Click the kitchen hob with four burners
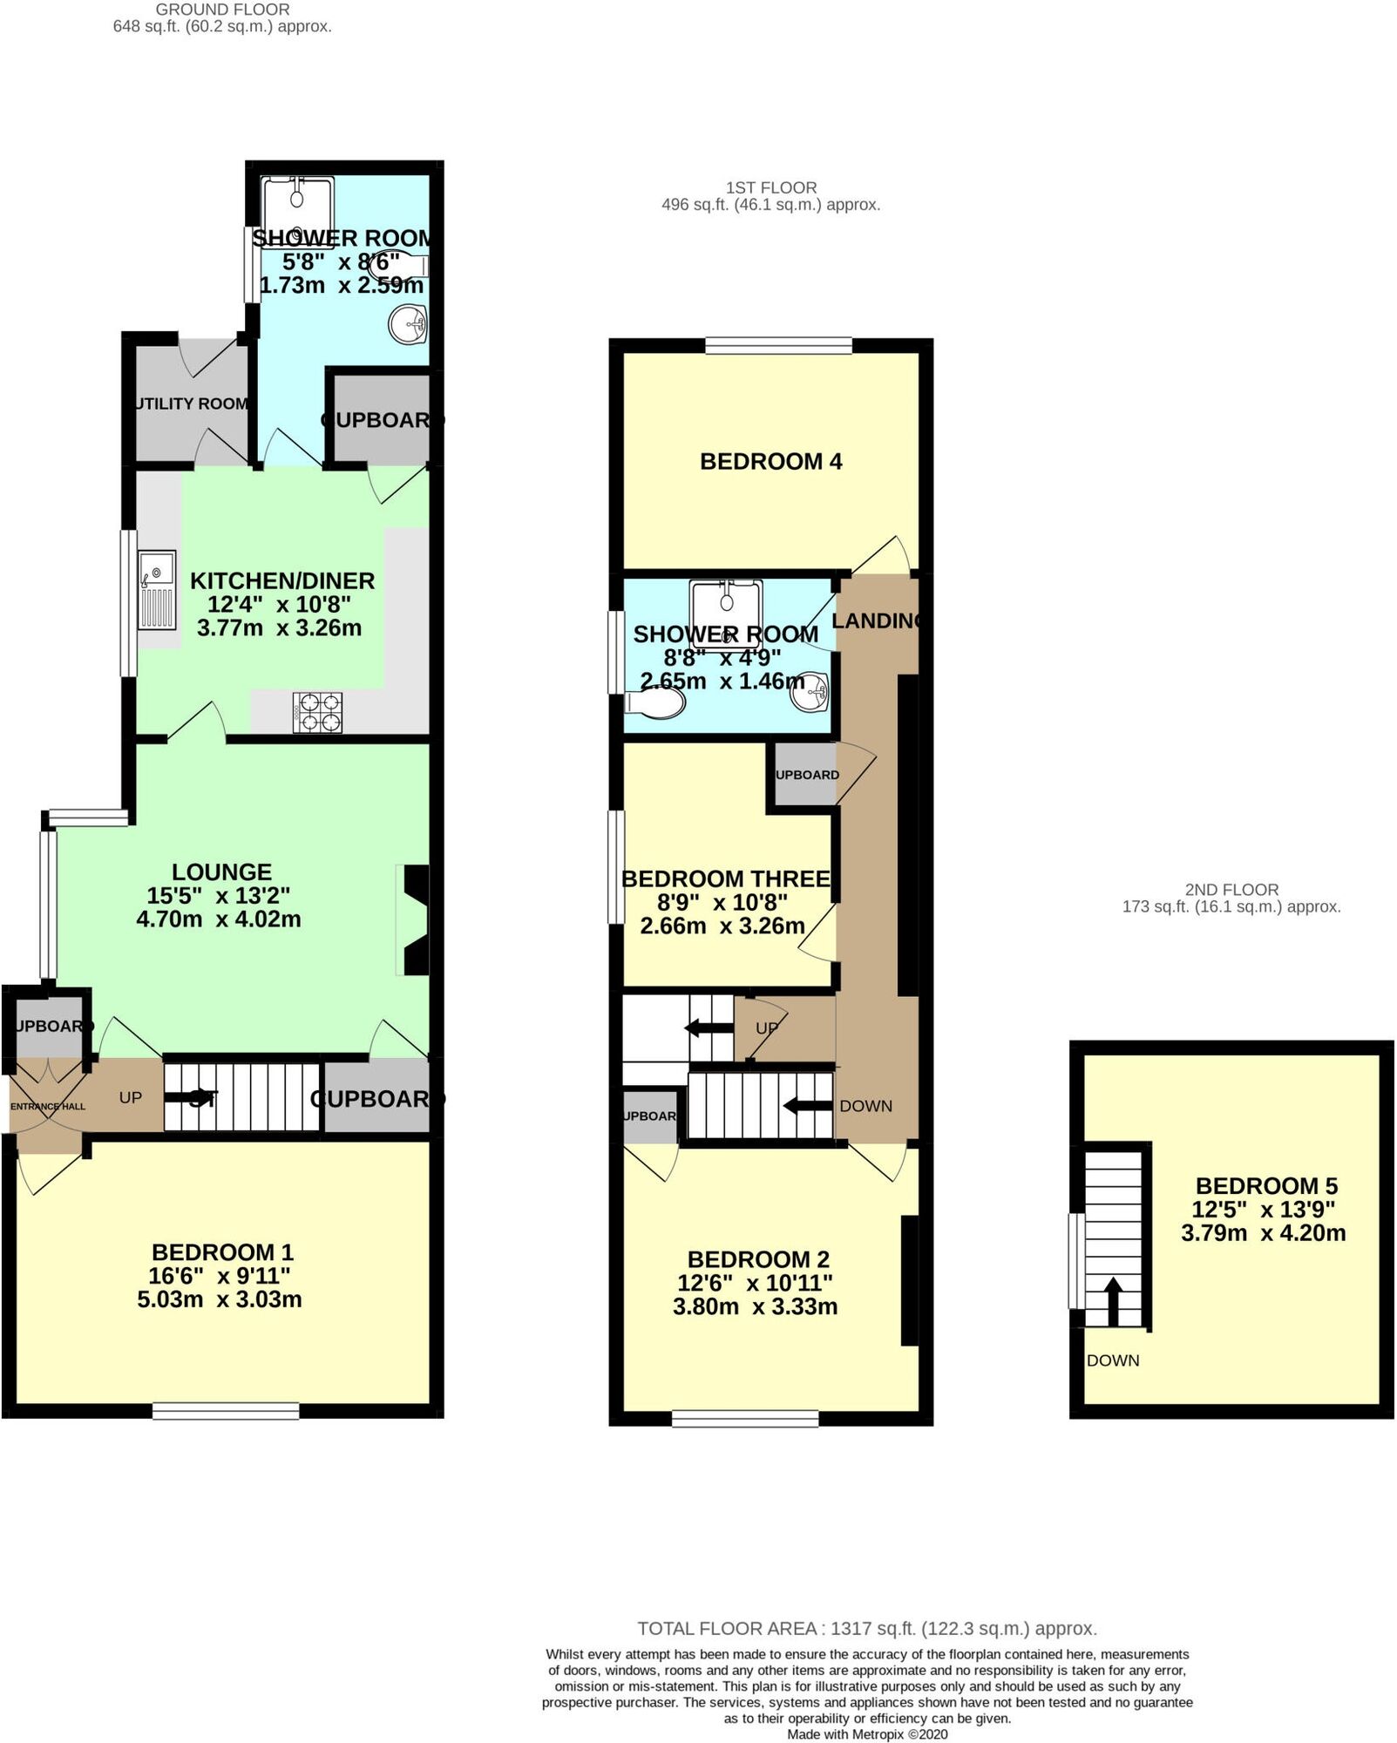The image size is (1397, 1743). pos(318,712)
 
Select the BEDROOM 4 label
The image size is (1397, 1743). pos(770,462)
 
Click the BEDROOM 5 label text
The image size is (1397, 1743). pos(1265,1185)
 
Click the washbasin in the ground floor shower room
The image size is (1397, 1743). pos(408,325)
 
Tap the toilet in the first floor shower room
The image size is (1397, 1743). pos(655,703)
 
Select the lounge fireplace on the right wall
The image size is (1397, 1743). pos(415,919)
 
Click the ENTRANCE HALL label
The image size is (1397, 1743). pos(48,1106)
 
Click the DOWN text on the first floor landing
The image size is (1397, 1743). pos(865,1106)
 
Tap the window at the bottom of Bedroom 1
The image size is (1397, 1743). pos(226,1409)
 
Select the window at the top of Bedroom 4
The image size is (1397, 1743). pos(777,346)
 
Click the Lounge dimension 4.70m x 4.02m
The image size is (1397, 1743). pos(219,919)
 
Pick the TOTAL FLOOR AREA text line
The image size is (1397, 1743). pos(866,1628)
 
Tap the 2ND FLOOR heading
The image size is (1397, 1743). pos(1231,890)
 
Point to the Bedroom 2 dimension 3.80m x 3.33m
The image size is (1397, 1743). pos(755,1306)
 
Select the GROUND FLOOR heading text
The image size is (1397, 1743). pos(222,10)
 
